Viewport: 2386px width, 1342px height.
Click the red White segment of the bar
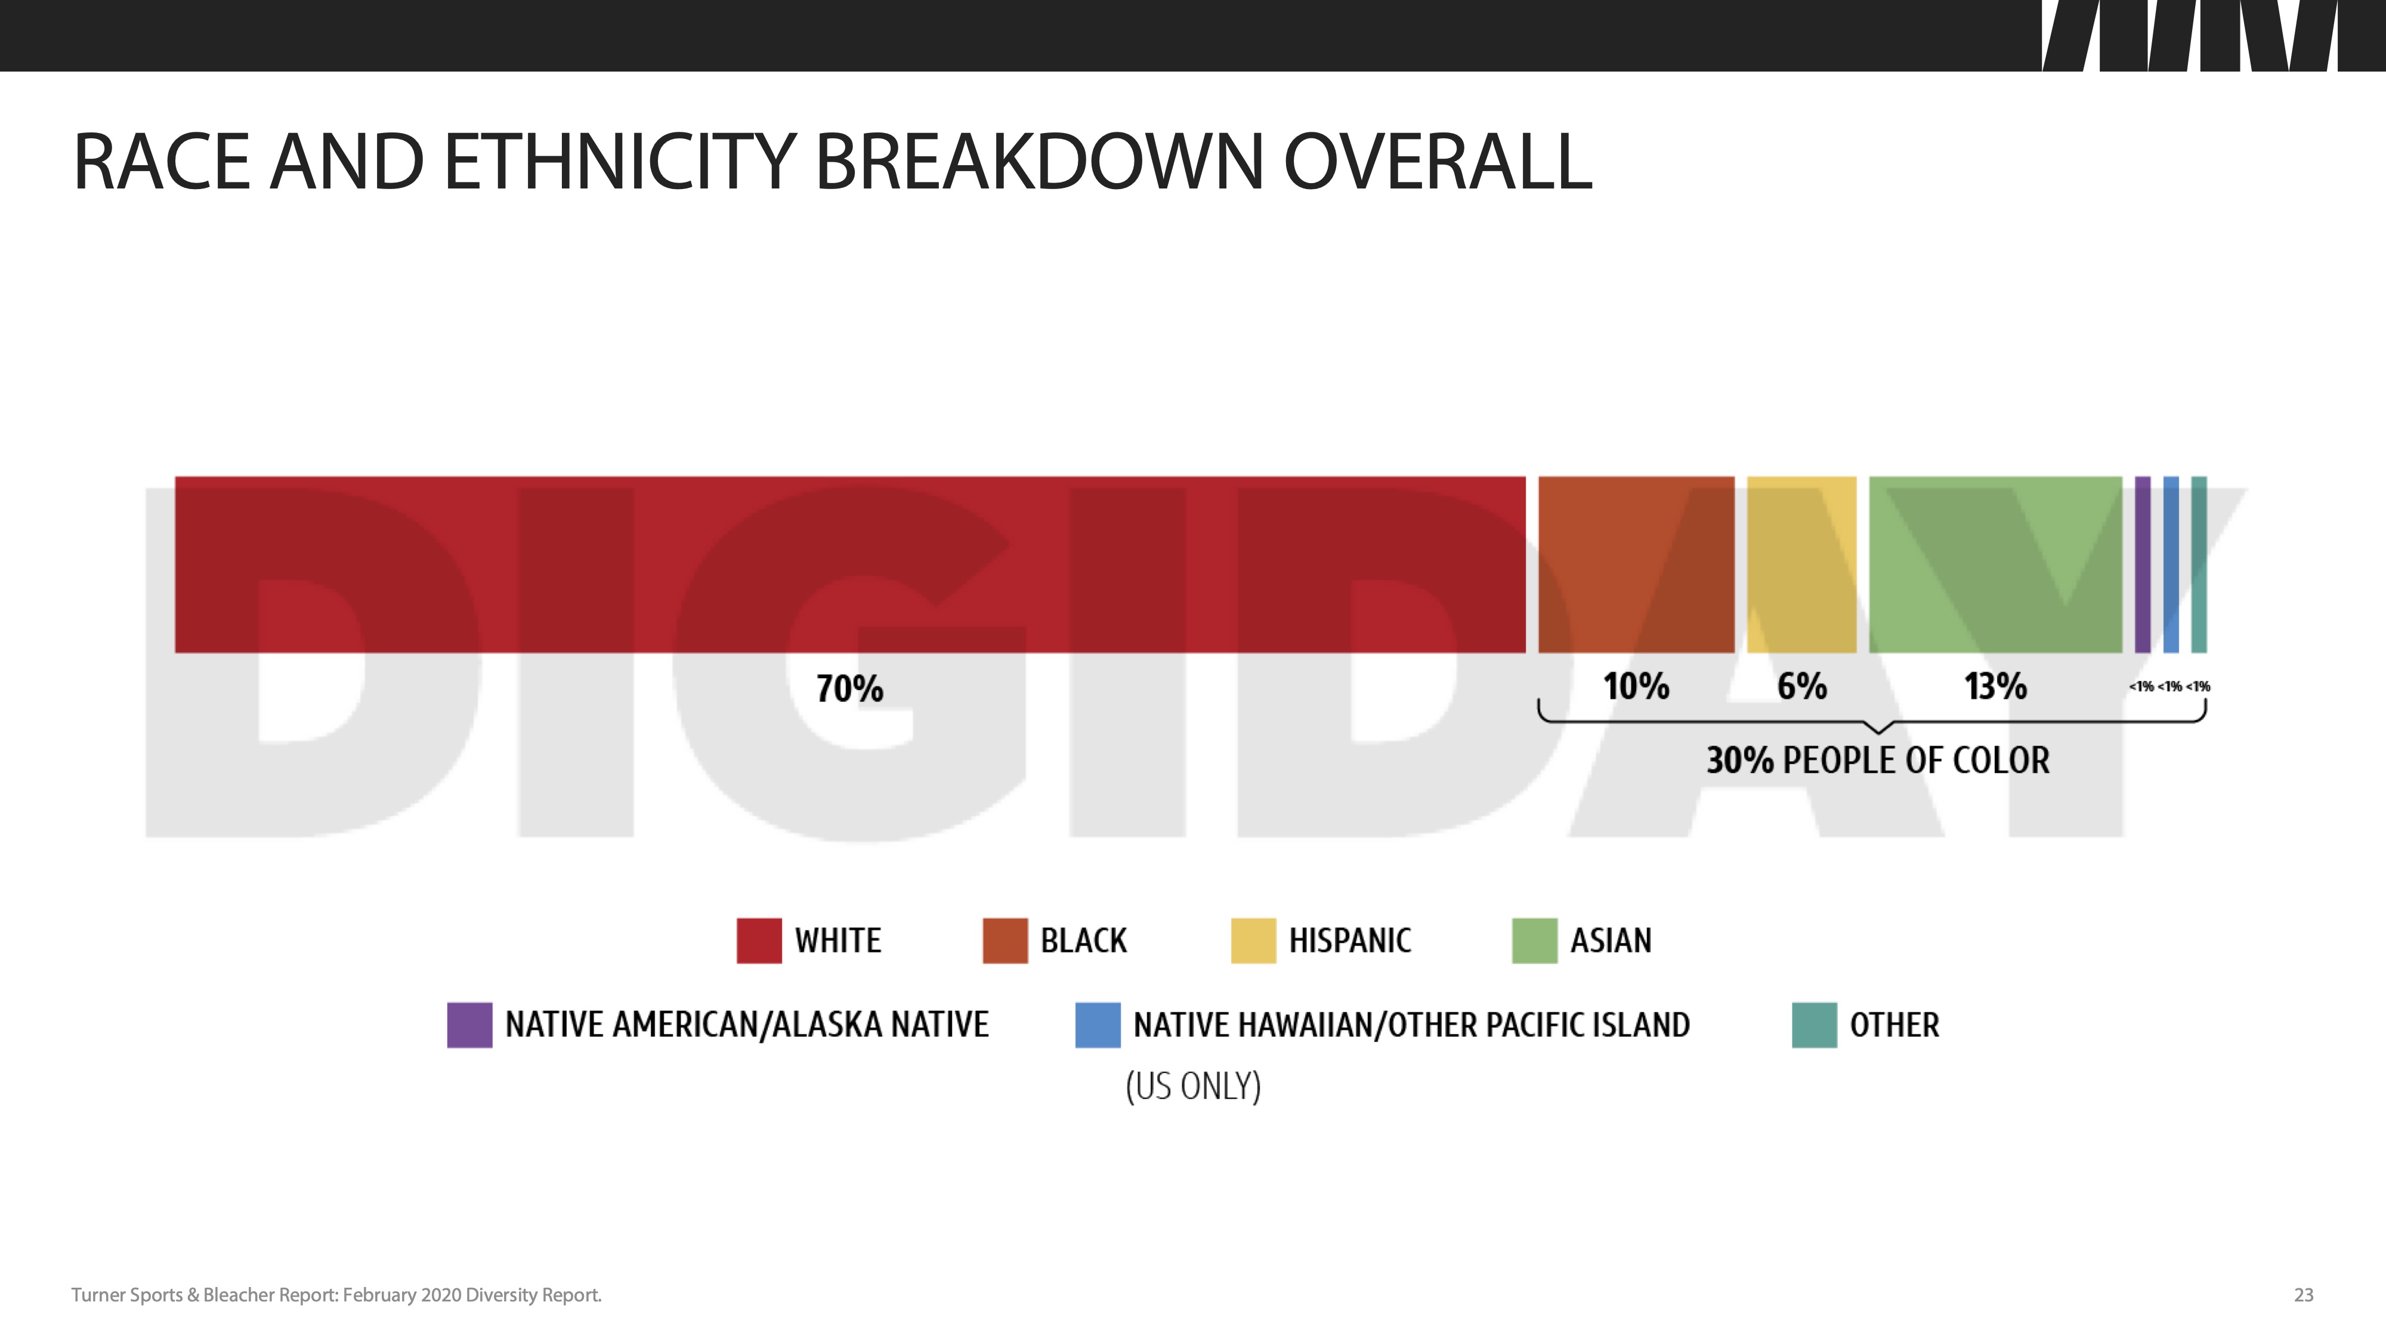pos(850,565)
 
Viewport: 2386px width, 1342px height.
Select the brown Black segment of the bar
pos(1637,565)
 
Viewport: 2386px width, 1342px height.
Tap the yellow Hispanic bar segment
pos(1801,565)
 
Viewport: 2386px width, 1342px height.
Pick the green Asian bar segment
pos(1996,565)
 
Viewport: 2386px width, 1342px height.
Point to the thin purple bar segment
pos(2143,565)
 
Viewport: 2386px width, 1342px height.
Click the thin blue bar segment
pos(2171,565)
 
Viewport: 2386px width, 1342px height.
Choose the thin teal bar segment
pos(2199,565)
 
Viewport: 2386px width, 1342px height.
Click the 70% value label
pos(849,689)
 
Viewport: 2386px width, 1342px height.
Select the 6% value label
pos(1801,687)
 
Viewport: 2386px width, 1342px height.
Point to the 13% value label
pos(1996,687)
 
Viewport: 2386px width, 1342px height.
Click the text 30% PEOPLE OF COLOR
pos(1878,760)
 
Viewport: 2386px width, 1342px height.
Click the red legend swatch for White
pos(759,941)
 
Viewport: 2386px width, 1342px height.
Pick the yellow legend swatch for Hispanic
pos(1253,941)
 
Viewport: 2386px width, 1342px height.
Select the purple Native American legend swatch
pos(469,1025)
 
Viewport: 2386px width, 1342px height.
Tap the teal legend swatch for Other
pos(1815,1025)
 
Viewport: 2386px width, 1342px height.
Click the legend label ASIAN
pos(1611,941)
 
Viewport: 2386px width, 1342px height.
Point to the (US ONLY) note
pos(1193,1086)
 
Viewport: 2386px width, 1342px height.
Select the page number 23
pos(2304,1295)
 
